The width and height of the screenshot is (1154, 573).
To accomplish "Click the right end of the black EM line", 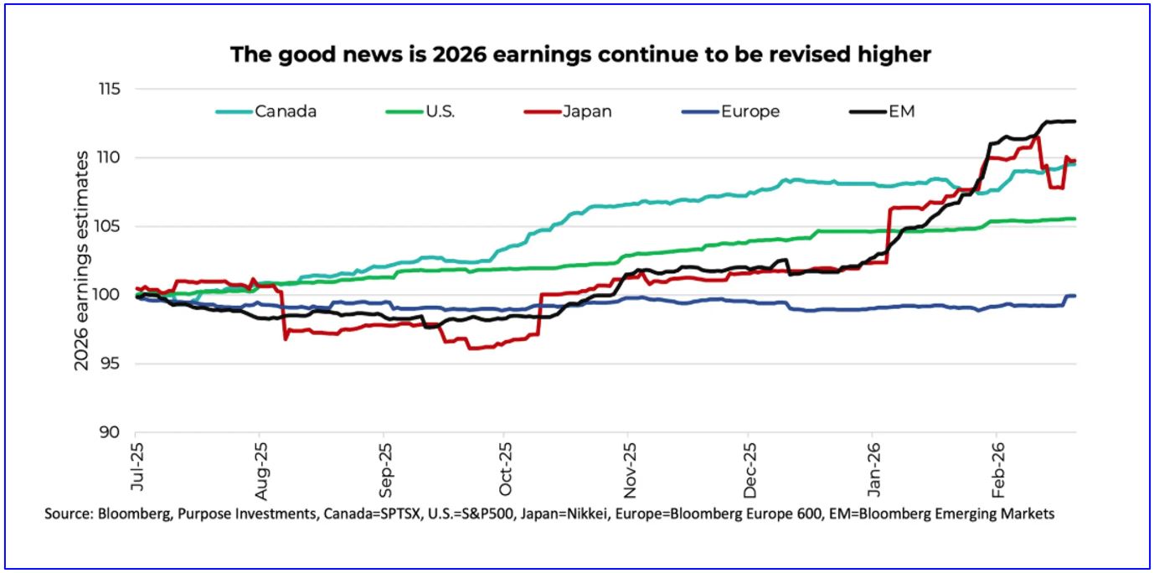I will [x=1074, y=121].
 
